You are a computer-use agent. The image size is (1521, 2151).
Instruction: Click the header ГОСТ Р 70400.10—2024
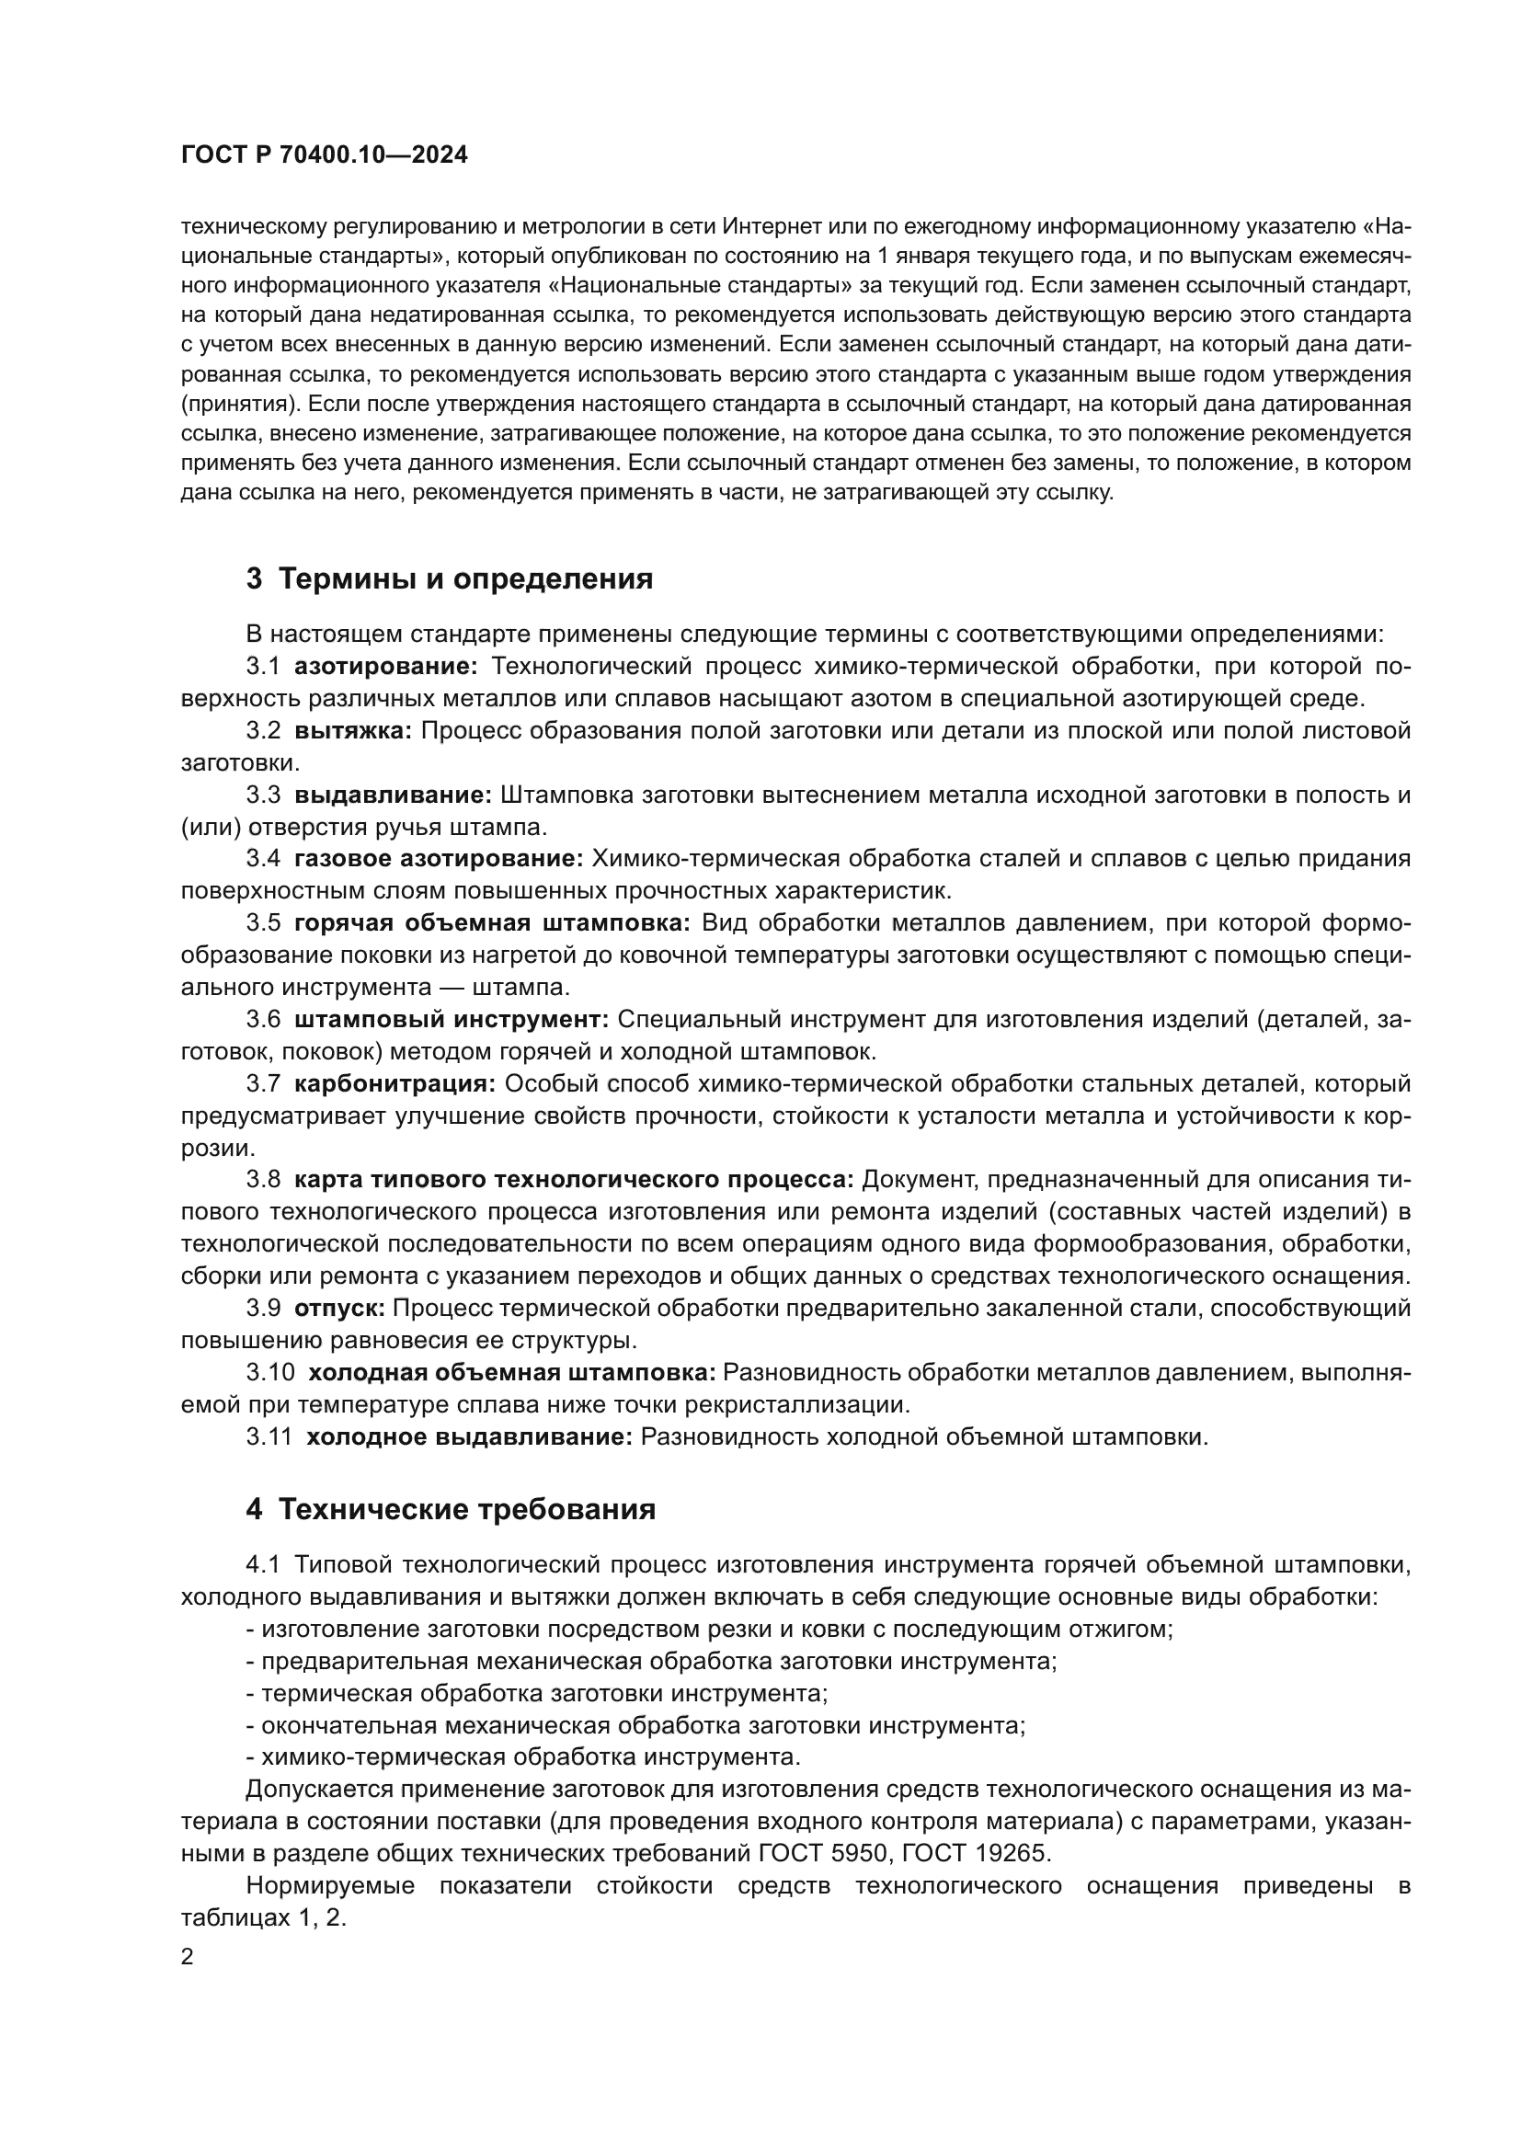coord(324,155)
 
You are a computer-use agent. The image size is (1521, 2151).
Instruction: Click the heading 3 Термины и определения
coord(450,579)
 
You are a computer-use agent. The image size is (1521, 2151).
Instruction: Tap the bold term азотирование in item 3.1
coord(386,666)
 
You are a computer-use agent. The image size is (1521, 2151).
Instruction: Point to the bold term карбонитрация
coord(395,1084)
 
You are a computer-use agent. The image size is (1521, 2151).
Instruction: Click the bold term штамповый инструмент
coord(452,1019)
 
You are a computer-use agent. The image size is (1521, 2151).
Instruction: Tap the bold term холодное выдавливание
coord(469,1436)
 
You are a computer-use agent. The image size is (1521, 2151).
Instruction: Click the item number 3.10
coord(269,1372)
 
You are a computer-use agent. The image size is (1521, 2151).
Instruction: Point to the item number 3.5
coord(263,922)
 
